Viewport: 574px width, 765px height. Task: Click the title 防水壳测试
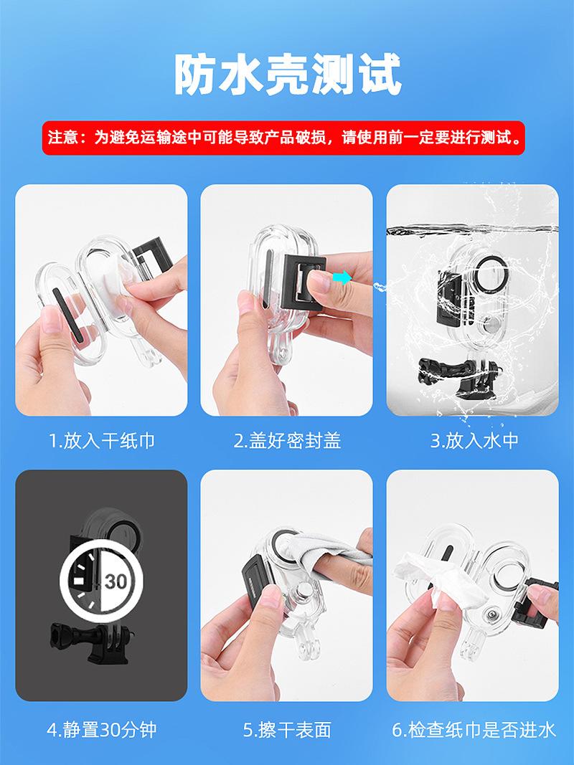point(288,74)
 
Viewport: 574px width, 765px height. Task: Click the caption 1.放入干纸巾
point(101,440)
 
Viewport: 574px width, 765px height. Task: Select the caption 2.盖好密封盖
point(287,440)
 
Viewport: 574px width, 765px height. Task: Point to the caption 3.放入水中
point(474,440)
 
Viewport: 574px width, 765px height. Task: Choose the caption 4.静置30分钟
point(101,730)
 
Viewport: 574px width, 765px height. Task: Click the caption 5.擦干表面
point(287,730)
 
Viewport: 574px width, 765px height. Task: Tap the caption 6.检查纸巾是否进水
point(474,730)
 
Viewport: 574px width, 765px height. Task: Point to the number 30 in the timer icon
point(116,581)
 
